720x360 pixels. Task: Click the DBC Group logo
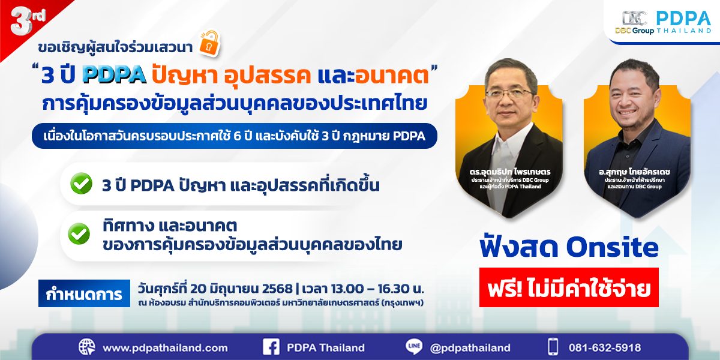[634, 23]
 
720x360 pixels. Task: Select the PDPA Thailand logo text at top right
[683, 23]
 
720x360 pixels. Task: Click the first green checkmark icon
[81, 184]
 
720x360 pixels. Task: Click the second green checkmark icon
[79, 234]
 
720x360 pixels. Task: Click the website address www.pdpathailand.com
[165, 347]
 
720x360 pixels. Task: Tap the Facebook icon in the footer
[272, 347]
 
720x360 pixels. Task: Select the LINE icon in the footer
[415, 347]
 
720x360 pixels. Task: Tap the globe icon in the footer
[87, 347]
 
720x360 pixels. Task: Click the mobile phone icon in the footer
[553, 347]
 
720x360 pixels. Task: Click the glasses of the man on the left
[508, 93]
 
